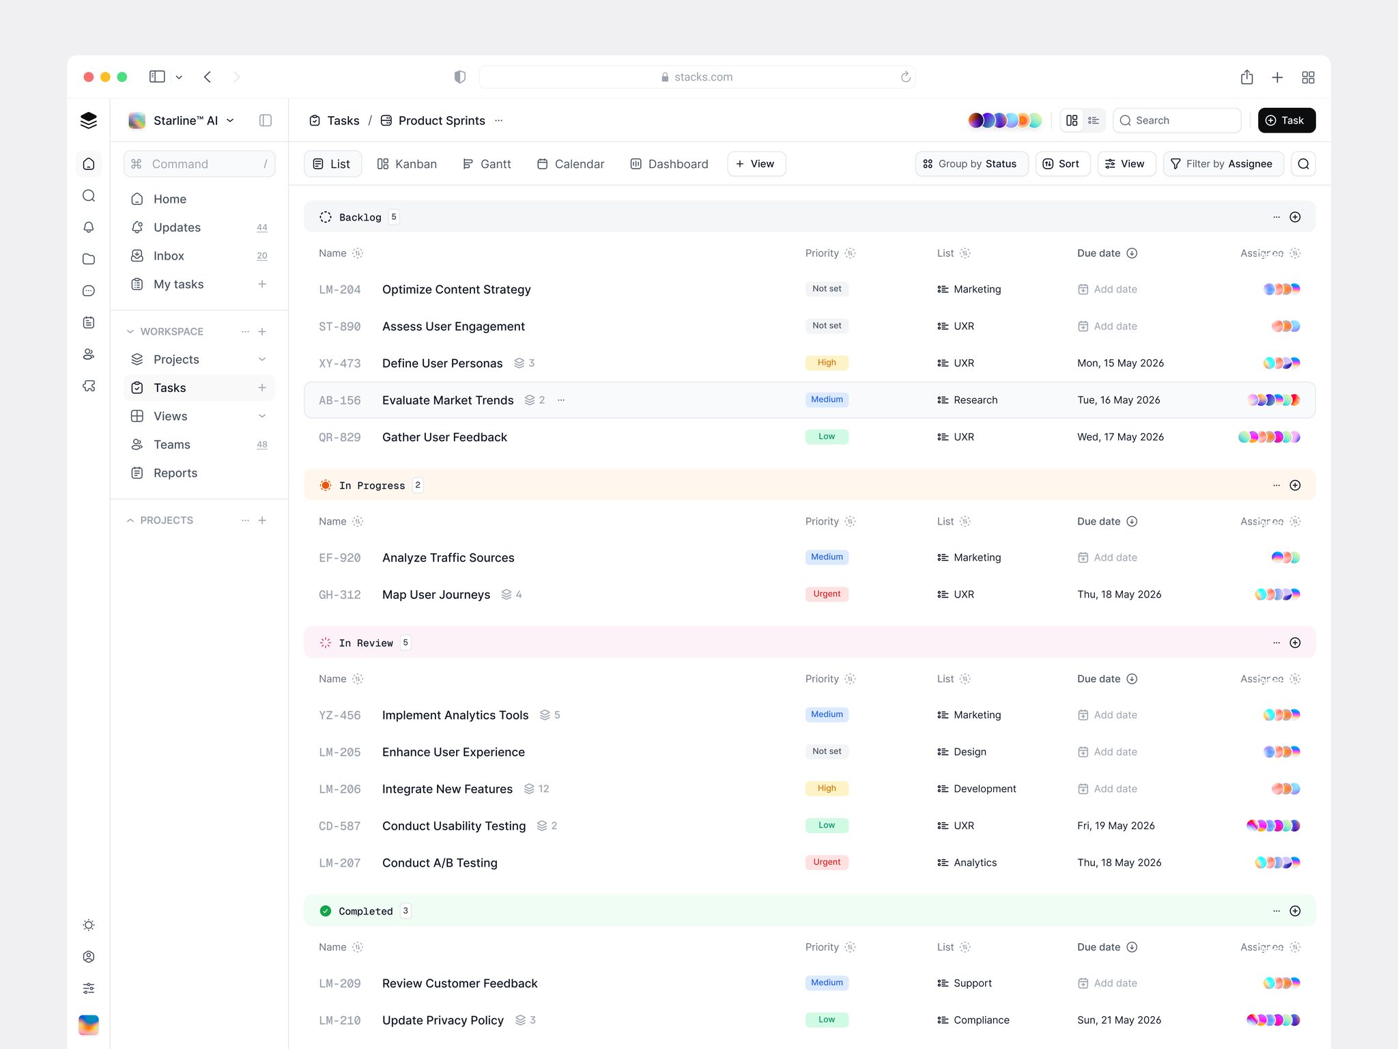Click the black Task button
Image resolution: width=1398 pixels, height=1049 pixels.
click(x=1286, y=120)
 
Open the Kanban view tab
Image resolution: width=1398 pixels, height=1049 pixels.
click(x=407, y=164)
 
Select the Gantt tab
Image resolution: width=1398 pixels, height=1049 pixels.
click(x=487, y=164)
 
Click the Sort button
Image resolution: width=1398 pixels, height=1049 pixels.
click(x=1061, y=164)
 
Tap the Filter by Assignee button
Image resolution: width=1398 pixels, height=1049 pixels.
click(x=1223, y=164)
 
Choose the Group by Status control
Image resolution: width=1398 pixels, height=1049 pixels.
click(x=971, y=164)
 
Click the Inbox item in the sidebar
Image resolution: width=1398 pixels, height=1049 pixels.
click(x=169, y=255)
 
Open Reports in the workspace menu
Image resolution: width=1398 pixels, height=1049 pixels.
click(x=175, y=473)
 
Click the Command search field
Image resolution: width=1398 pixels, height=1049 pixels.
click(x=199, y=164)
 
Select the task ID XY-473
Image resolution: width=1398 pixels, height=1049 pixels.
click(x=340, y=363)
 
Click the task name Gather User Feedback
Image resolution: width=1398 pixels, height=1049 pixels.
click(x=444, y=437)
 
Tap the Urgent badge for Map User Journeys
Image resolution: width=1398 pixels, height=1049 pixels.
click(x=827, y=594)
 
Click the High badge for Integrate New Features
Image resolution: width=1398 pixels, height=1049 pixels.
click(x=827, y=788)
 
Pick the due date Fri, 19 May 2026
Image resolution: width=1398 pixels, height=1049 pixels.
click(x=1116, y=826)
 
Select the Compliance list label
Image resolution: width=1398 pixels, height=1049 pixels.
click(x=981, y=1020)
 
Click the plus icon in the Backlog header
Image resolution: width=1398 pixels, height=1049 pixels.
click(x=1295, y=217)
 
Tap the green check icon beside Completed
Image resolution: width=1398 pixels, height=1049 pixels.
click(x=326, y=911)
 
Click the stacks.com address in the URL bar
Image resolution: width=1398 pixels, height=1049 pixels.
click(x=703, y=77)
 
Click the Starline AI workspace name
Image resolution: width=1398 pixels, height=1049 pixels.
click(x=186, y=120)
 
